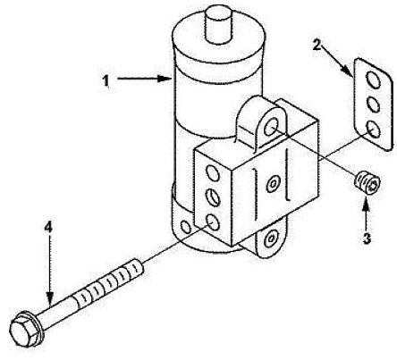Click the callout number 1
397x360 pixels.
106,80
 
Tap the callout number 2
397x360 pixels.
317,45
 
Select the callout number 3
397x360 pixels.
367,239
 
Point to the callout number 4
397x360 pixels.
48,227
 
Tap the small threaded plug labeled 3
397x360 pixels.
367,182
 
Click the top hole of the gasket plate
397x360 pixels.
374,80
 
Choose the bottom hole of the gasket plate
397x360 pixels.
374,130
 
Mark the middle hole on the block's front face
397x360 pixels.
213,197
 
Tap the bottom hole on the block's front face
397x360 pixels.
213,222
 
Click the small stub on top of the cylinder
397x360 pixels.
218,23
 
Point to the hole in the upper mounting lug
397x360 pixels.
272,126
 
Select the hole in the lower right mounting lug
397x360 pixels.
271,239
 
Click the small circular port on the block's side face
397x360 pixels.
273,185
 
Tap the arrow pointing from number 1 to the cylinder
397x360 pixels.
144,79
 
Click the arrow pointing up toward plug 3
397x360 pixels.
367,212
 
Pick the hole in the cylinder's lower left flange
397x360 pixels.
186,228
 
